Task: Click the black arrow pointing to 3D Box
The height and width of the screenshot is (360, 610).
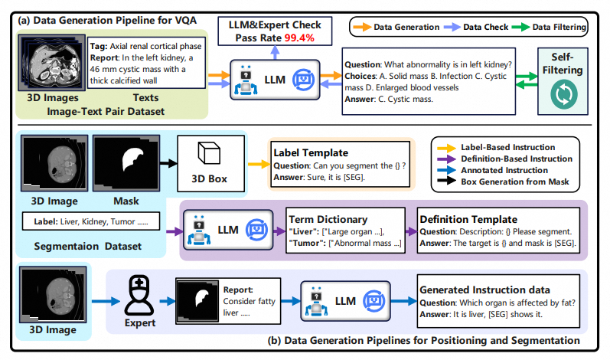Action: pyautogui.click(x=166, y=164)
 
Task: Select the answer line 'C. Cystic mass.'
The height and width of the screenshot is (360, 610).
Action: pyautogui.click(x=393, y=99)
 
